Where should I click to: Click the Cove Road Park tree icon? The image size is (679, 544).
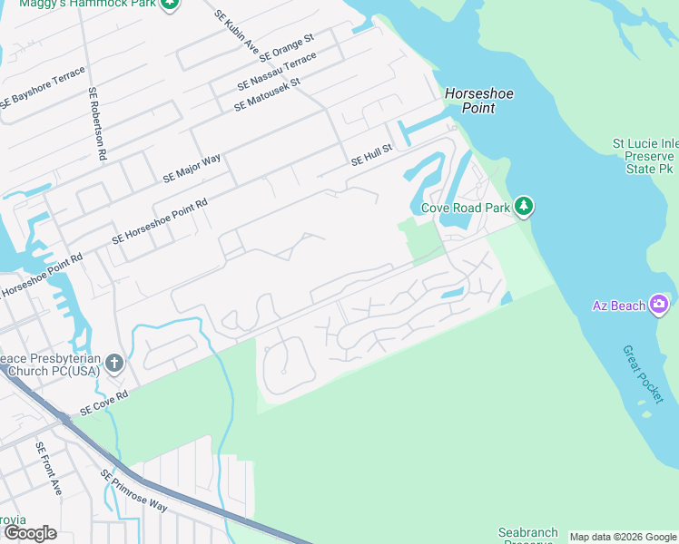click(523, 208)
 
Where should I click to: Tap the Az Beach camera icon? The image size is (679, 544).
click(659, 305)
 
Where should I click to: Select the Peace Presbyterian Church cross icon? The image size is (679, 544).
click(113, 364)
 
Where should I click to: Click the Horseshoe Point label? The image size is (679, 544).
click(470, 101)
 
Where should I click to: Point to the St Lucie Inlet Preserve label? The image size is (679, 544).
click(643, 156)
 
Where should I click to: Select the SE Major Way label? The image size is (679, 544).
click(192, 170)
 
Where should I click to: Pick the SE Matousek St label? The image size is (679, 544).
click(267, 94)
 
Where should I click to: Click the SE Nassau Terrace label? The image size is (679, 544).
click(277, 71)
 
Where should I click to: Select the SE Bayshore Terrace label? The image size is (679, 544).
click(43, 89)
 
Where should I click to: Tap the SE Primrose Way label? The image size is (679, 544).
click(133, 491)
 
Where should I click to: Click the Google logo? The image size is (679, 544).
click(29, 533)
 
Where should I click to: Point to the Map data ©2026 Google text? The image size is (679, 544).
click(623, 537)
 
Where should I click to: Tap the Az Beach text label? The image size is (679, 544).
click(619, 306)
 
